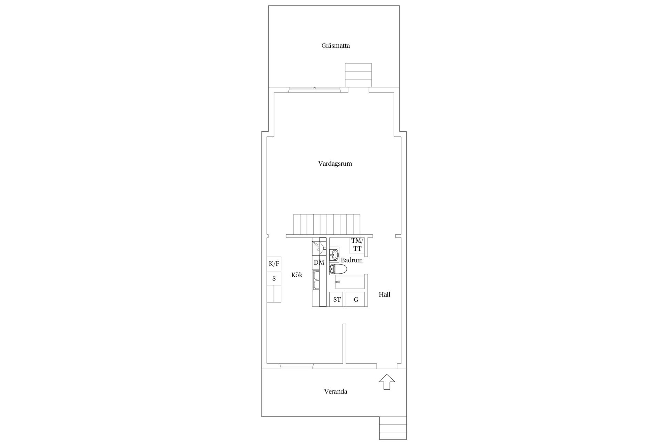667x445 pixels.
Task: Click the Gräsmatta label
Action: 336,46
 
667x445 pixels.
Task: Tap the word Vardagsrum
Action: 335,164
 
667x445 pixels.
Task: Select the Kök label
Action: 297,275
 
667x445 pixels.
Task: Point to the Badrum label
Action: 352,260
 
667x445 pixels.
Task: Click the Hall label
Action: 385,294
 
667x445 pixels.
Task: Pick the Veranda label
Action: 336,391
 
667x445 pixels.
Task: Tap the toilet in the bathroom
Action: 338,269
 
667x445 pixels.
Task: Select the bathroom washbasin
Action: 334,255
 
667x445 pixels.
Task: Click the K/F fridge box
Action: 274,264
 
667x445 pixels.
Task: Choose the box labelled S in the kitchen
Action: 274,278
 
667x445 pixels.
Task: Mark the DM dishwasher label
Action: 319,262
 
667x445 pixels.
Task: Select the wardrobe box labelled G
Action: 355,299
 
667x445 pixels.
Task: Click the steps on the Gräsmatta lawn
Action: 358,75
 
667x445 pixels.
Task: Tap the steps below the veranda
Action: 393,428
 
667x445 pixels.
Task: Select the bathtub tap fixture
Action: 337,282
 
